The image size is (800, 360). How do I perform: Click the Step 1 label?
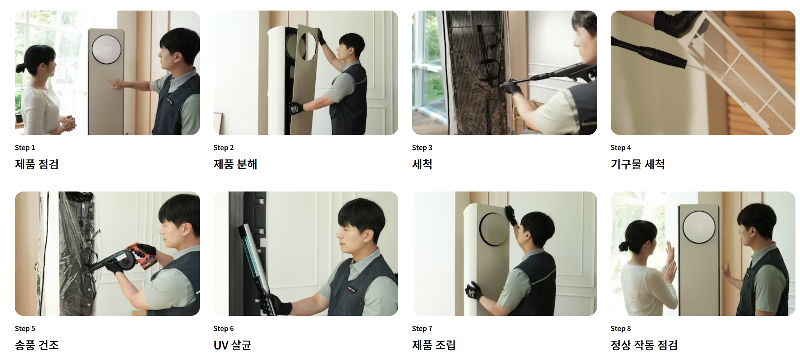coord(25,148)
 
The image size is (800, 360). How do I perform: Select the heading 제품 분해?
coord(235,164)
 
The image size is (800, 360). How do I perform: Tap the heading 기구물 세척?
coord(637,164)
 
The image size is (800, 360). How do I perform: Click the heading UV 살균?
coord(232,345)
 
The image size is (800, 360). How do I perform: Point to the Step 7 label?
coord(422,329)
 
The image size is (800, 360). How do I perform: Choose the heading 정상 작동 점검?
coord(644,345)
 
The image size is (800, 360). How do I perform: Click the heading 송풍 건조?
coord(37,345)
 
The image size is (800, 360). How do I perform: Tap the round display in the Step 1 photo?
coord(107,49)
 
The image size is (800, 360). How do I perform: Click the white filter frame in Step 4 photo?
coord(739,75)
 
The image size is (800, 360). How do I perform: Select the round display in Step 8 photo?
coord(699,227)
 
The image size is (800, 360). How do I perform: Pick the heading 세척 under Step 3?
coord(422,164)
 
